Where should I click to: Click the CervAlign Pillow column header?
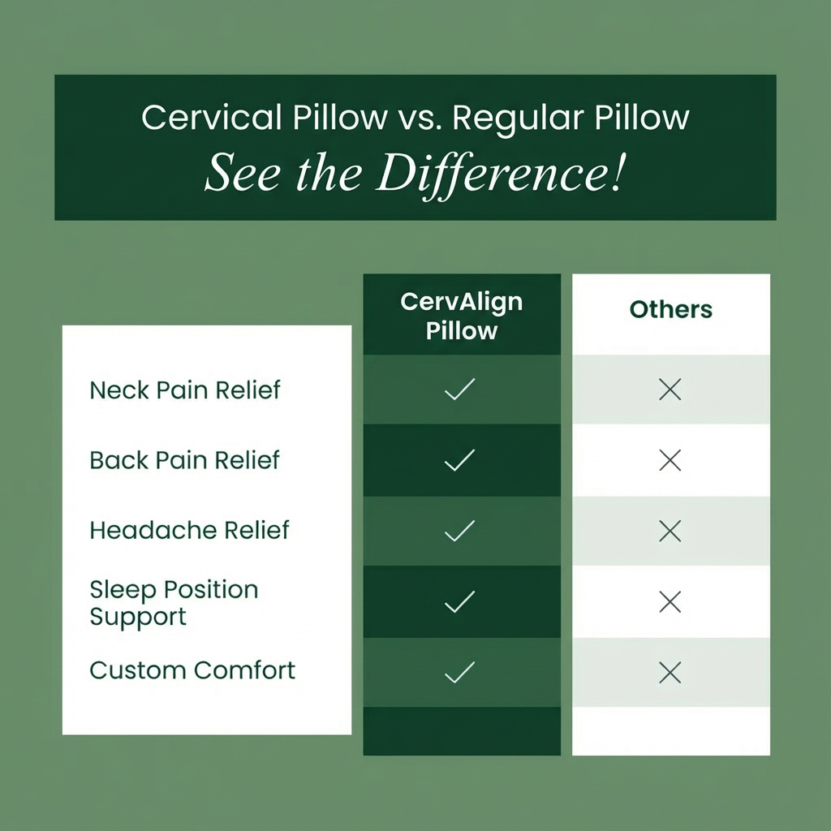(x=461, y=316)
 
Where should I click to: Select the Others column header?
(x=670, y=309)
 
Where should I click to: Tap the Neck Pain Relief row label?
(x=184, y=390)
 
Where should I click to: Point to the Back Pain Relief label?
(x=184, y=460)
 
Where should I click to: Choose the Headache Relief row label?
(x=189, y=530)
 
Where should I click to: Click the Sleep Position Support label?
(x=174, y=602)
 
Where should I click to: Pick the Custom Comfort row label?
(x=192, y=670)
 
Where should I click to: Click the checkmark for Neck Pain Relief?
(x=460, y=390)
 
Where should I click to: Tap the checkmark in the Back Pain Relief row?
(x=460, y=461)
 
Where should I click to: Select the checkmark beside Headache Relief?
(x=460, y=531)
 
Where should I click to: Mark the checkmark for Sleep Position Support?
(x=460, y=601)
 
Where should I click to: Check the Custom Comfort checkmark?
(x=460, y=672)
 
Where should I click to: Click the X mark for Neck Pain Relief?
(x=670, y=390)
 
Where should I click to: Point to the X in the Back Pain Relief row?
(x=670, y=461)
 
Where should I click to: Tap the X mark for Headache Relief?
(x=670, y=531)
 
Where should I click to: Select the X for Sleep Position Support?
(x=670, y=601)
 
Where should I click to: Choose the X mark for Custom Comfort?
(x=670, y=672)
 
